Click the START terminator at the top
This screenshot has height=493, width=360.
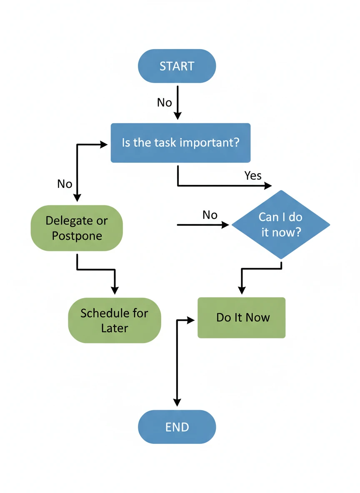point(177,66)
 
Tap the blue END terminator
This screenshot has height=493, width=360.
point(177,427)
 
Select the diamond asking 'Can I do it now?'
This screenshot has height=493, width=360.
point(280,225)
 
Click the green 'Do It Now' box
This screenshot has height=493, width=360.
point(241,318)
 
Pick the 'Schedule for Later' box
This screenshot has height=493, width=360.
point(114,320)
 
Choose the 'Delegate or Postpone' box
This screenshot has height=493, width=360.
point(77,228)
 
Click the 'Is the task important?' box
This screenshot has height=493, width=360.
point(180,142)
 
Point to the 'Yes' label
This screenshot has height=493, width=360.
point(252,176)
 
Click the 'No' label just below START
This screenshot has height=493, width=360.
point(164,102)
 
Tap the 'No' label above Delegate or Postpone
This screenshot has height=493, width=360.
point(65,184)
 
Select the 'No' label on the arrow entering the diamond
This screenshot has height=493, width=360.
point(210,215)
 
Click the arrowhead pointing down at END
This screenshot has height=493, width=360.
point(177,402)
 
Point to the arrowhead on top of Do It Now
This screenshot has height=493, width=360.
point(241,290)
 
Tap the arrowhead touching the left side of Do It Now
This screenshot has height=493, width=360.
point(191,320)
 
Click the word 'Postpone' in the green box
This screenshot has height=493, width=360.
point(77,236)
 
